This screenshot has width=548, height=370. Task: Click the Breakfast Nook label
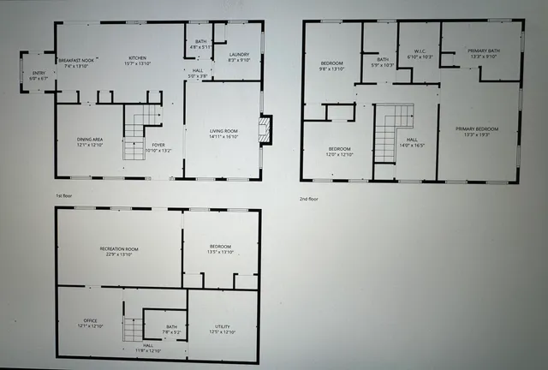77,60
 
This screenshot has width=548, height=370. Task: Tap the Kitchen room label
138,60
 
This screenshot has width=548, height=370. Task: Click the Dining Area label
90,142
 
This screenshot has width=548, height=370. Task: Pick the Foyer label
160,147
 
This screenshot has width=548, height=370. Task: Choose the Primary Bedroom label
479,131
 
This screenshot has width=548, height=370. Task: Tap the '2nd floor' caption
309,199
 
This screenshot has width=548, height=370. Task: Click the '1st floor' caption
65,196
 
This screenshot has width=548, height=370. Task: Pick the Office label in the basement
90,324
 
